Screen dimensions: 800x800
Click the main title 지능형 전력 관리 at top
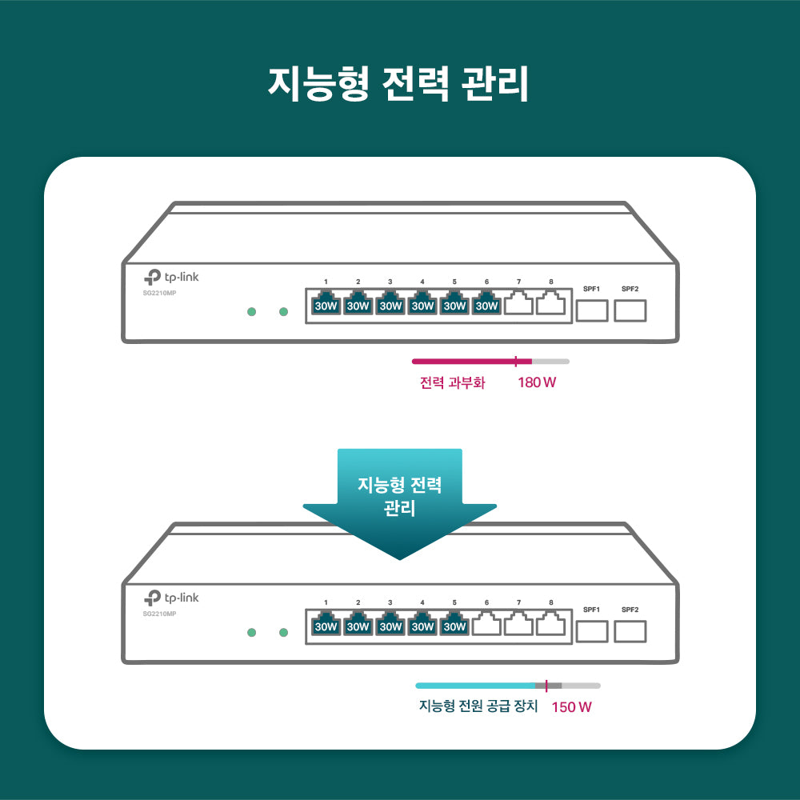coord(398,83)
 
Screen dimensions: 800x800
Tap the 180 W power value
coord(537,382)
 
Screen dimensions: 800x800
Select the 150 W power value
coord(571,707)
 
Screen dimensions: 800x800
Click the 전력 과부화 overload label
coord(452,382)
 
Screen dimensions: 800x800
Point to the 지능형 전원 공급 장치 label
coord(478,707)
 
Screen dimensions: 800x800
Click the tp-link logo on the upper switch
coord(171,277)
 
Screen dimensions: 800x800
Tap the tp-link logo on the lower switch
coord(171,598)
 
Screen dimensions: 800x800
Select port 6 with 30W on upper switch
coord(486,304)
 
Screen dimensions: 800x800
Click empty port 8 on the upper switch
coord(550,304)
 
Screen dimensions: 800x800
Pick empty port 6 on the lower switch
coord(486,625)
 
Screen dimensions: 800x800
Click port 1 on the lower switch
coord(326,625)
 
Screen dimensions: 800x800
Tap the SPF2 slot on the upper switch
coord(630,310)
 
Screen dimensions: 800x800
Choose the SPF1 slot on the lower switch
coord(592,630)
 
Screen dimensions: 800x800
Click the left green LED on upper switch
coord(251,311)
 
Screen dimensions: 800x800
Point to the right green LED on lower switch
coord(283,633)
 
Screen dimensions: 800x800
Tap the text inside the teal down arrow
coord(399,496)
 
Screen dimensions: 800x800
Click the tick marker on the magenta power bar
coord(516,361)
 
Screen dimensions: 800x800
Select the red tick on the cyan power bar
coord(546,686)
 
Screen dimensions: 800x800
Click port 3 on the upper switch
coord(390,304)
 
